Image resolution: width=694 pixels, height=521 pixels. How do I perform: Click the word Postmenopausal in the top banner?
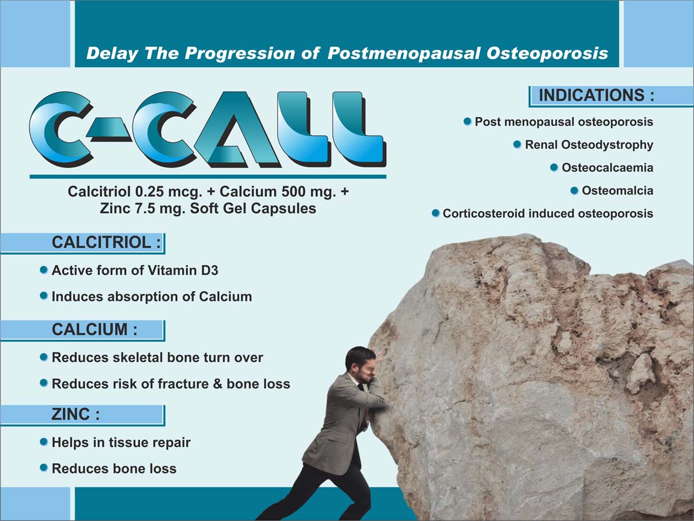(404, 53)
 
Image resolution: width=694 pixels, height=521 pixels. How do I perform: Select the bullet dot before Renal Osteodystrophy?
(517, 145)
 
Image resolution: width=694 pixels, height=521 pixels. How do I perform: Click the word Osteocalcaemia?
(607, 168)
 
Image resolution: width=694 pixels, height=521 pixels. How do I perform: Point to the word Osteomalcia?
(618, 191)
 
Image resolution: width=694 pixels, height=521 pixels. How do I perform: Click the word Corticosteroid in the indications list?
(484, 214)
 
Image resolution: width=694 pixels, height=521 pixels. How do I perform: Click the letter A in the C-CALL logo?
(237, 128)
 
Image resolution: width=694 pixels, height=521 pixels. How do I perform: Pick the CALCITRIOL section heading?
(106, 243)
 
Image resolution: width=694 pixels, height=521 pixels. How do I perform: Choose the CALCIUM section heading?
(94, 329)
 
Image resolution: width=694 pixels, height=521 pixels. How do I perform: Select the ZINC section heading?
(76, 414)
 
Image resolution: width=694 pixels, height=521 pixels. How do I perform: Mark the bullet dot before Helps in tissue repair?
(44, 442)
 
